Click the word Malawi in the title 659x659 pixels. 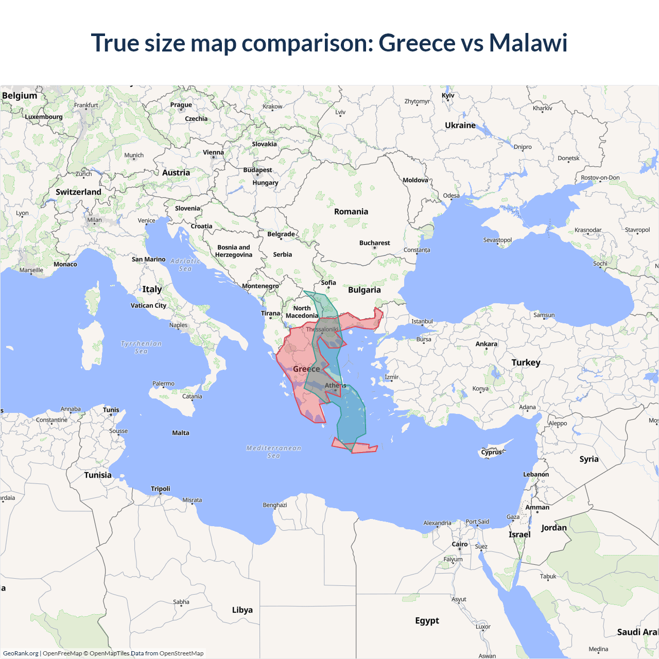click(528, 43)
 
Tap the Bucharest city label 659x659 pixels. click(374, 243)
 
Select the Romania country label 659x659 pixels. click(351, 212)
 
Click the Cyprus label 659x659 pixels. click(492, 453)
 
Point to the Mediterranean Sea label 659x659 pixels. click(273, 452)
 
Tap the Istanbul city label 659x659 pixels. click(422, 321)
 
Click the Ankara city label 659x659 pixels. click(487, 344)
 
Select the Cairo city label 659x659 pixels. click(460, 544)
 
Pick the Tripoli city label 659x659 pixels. click(160, 489)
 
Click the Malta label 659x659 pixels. click(181, 433)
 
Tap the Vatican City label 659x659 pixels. click(148, 305)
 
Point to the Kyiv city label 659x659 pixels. click(448, 95)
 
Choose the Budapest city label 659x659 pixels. click(257, 170)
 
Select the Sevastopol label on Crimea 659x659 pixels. click(497, 240)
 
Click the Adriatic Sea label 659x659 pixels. click(185, 265)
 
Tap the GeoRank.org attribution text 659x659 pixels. click(21, 653)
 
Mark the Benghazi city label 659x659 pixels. click(274, 505)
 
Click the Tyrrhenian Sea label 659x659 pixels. click(141, 347)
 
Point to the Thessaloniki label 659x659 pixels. click(322, 329)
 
